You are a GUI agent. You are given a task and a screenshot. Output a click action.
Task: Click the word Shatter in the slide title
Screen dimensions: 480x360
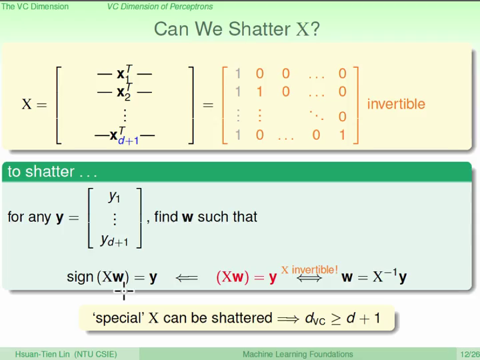(x=259, y=29)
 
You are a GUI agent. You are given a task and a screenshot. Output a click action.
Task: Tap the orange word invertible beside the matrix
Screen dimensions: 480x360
(x=396, y=104)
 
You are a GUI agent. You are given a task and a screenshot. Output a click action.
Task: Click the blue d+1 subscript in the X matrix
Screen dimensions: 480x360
(x=128, y=141)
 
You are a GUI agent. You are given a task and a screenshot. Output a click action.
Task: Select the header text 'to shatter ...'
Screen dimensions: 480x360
(x=53, y=171)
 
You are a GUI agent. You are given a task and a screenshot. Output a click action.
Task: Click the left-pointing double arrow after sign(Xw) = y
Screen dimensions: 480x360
(x=187, y=278)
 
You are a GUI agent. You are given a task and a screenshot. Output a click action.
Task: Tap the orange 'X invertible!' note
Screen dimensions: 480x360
(x=309, y=270)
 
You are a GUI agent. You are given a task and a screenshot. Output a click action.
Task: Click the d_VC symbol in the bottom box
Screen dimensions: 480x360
(x=315, y=319)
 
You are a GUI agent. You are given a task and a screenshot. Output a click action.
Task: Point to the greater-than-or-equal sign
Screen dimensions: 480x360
(x=336, y=319)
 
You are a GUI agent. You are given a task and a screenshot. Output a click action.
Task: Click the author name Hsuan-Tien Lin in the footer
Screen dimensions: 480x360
(x=42, y=354)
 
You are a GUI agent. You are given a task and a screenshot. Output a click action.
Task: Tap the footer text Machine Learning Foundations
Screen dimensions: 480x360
(x=297, y=354)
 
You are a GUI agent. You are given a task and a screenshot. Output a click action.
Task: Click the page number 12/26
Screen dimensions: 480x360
(x=470, y=355)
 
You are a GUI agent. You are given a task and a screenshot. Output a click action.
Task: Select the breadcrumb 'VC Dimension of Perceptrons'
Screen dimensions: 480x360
(x=160, y=7)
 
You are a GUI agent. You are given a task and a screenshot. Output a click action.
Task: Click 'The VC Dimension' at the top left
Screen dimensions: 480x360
(x=35, y=7)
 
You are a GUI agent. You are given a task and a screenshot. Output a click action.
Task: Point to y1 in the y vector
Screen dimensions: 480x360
(x=114, y=197)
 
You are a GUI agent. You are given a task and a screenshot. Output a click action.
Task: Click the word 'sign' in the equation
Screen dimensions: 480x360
(x=80, y=277)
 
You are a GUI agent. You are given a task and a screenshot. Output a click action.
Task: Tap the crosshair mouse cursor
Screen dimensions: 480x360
(x=124, y=291)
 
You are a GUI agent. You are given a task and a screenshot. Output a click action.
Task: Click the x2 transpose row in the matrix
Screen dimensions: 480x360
(x=125, y=92)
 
